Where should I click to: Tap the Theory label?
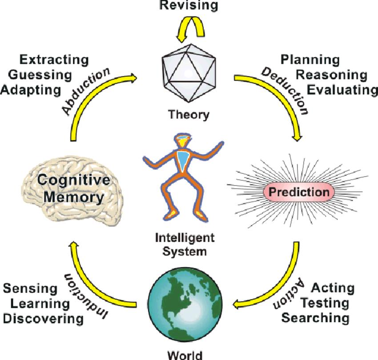coord(188,115)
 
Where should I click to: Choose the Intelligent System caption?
coord(185,244)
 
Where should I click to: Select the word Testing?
coord(329,303)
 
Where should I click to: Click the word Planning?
coord(310,59)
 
